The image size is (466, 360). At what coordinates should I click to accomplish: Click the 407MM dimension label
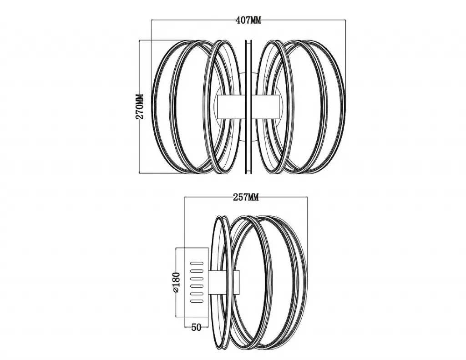248,20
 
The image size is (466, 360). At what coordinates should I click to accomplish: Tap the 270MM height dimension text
140,106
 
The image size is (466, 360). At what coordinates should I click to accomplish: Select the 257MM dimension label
246,197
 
